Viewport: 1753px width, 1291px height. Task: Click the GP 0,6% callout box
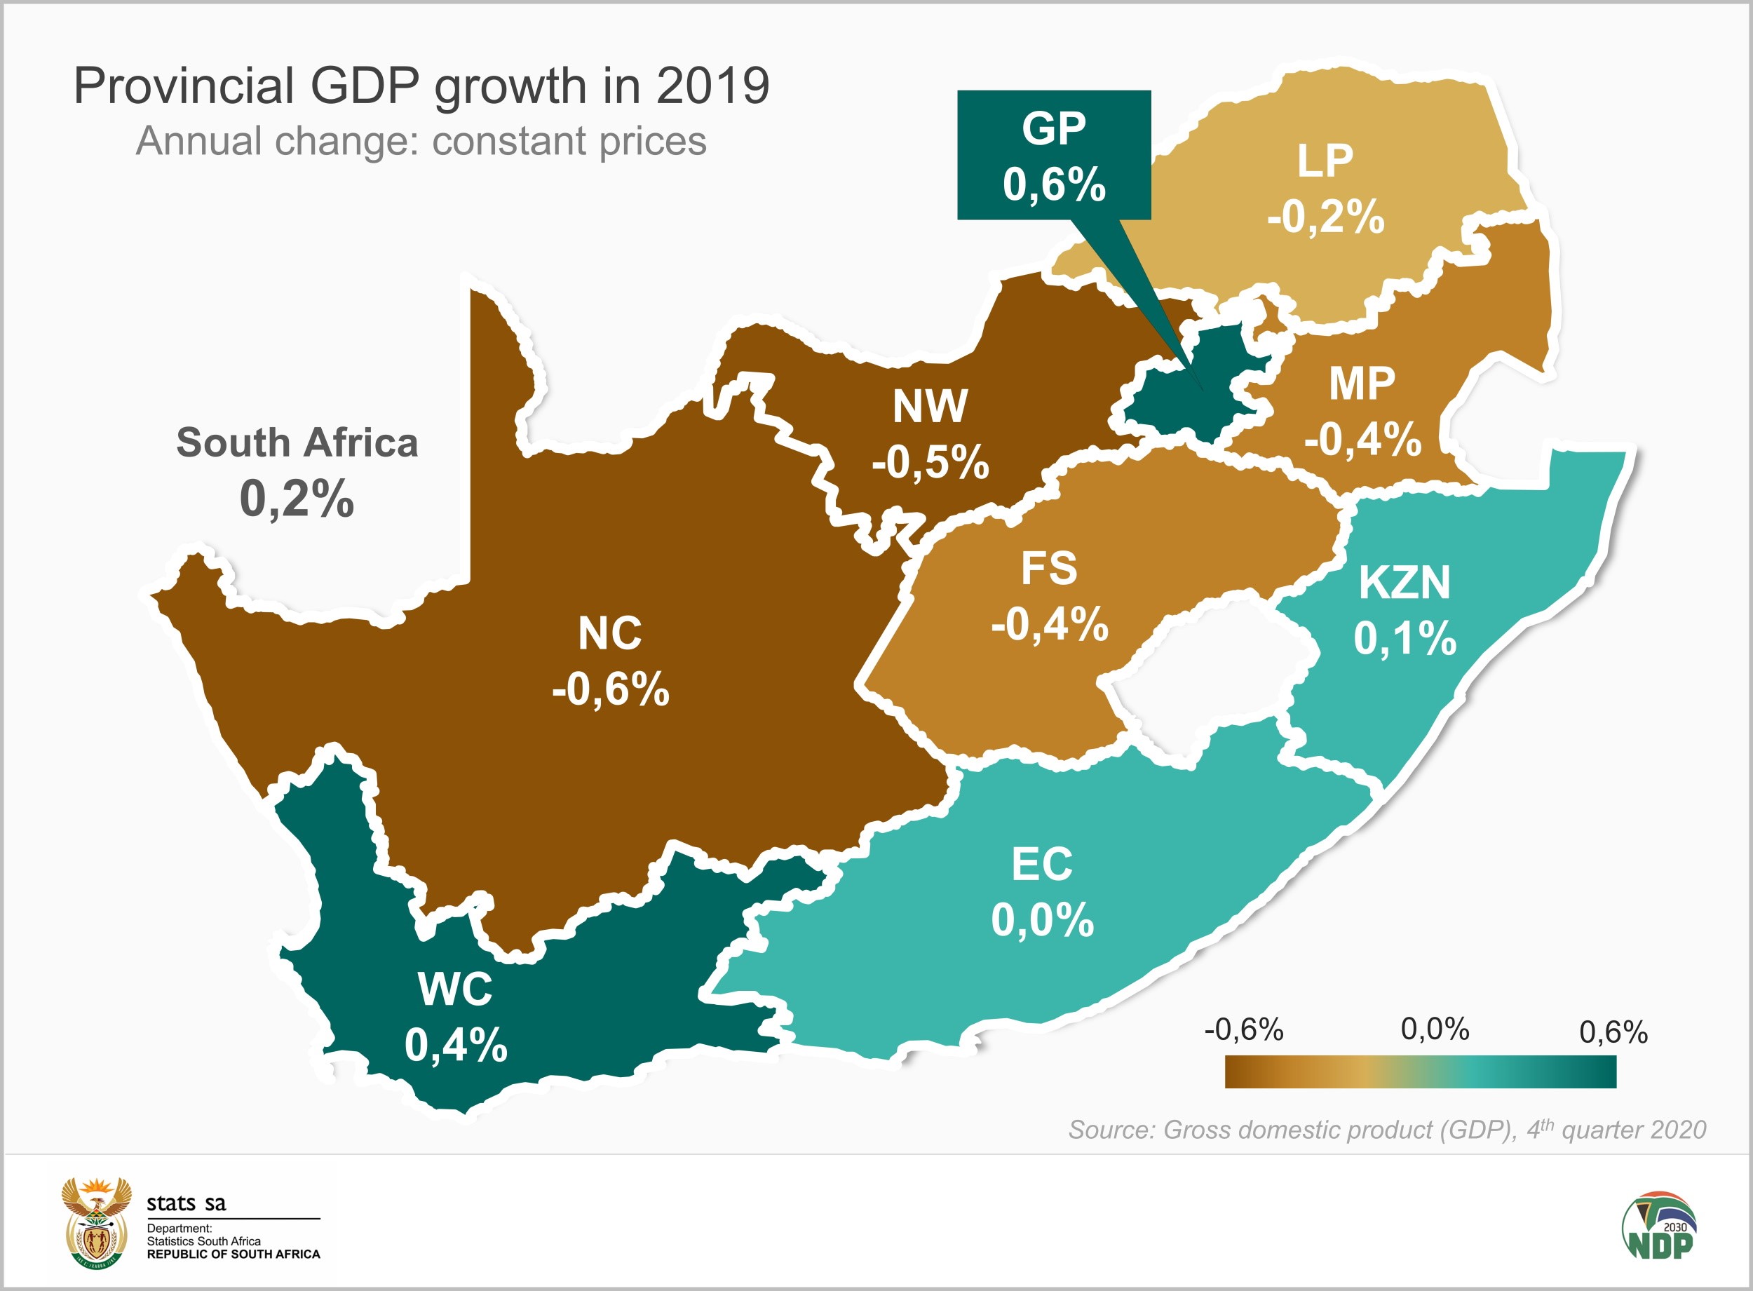click(1053, 155)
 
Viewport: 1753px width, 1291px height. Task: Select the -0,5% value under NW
click(930, 462)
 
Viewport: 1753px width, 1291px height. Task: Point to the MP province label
click(1362, 384)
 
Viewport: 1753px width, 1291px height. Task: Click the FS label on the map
click(1048, 568)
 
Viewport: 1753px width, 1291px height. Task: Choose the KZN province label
click(1404, 583)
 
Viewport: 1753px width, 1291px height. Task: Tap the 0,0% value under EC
click(1042, 920)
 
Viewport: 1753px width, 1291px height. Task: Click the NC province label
click(609, 633)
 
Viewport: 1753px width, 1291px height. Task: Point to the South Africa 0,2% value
click(297, 499)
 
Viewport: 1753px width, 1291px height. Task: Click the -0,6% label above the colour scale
click(1244, 1030)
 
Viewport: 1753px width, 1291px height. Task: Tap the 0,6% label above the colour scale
click(1613, 1032)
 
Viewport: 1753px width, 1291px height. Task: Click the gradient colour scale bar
click(1420, 1072)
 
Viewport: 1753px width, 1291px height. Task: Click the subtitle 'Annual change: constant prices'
click(421, 142)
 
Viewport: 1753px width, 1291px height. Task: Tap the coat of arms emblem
click(96, 1223)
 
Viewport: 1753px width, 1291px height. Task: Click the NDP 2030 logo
click(1658, 1224)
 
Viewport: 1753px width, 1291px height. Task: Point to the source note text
click(1386, 1129)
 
